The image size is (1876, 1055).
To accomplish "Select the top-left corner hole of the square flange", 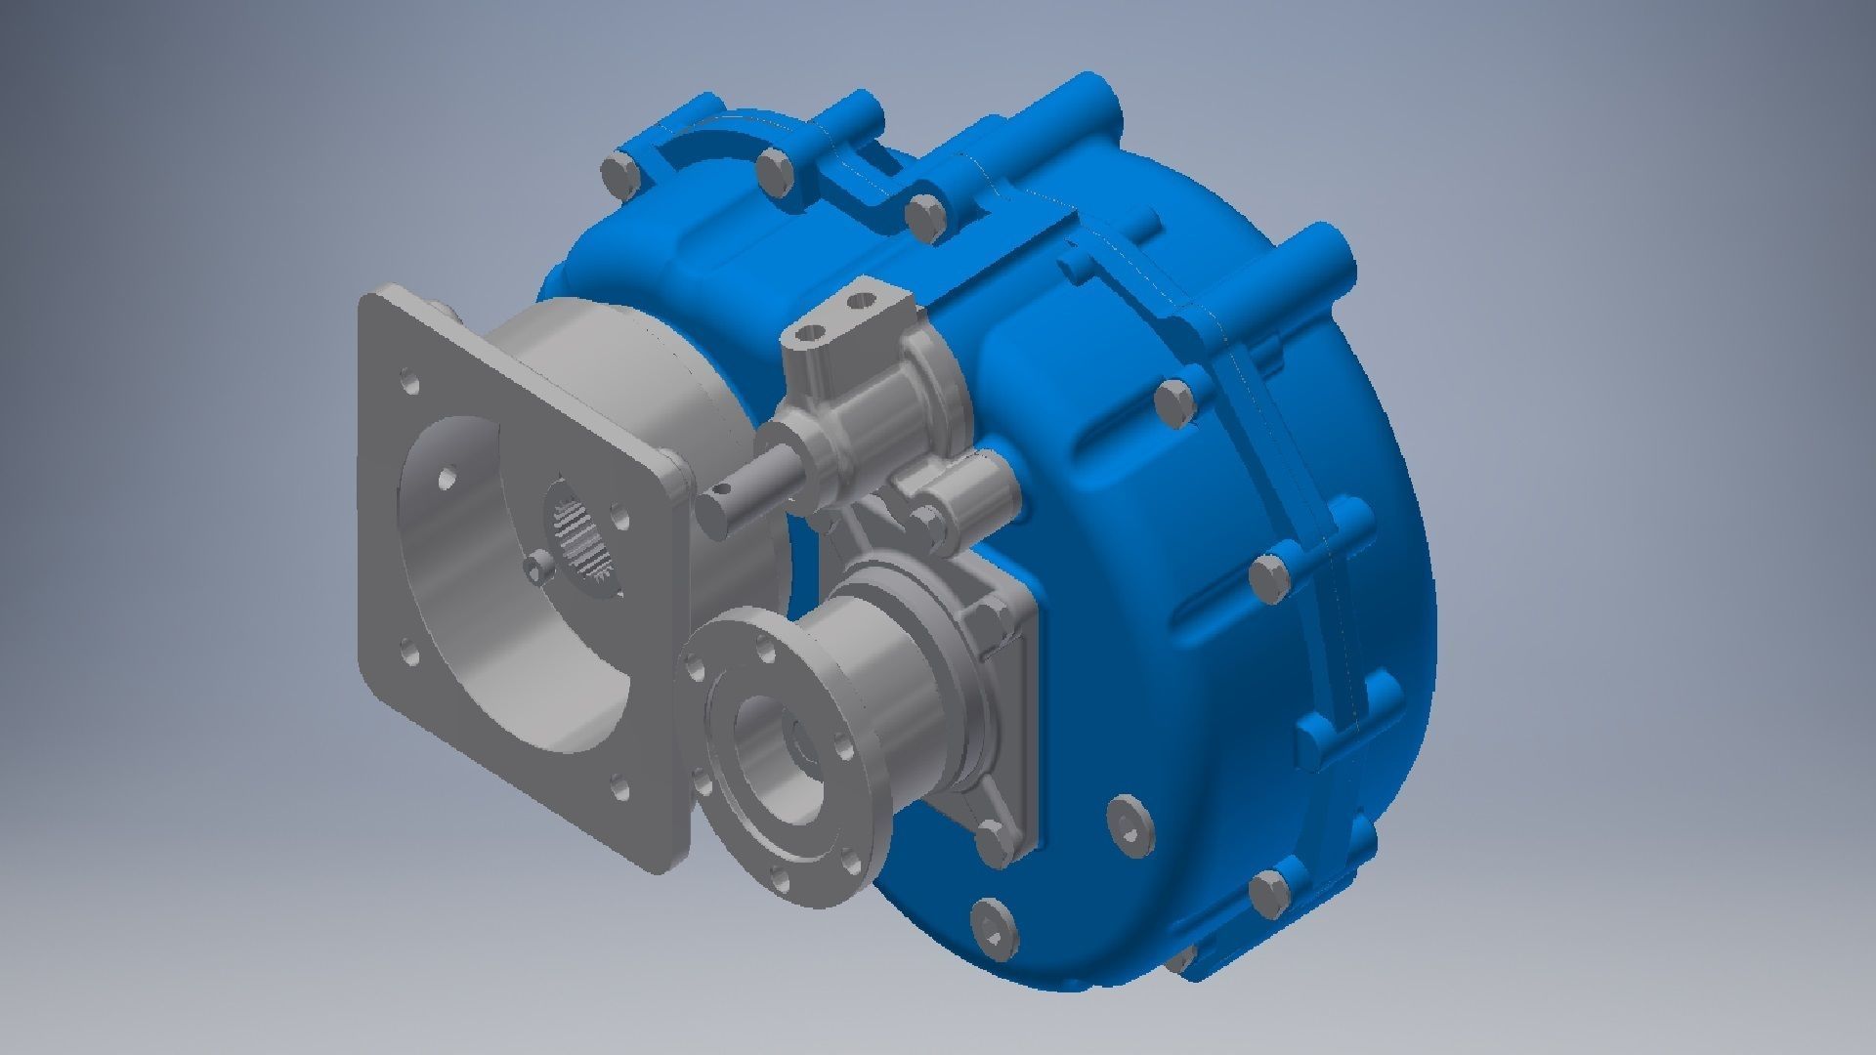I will click(x=409, y=382).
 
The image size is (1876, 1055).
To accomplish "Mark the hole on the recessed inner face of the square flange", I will click(x=448, y=480).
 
